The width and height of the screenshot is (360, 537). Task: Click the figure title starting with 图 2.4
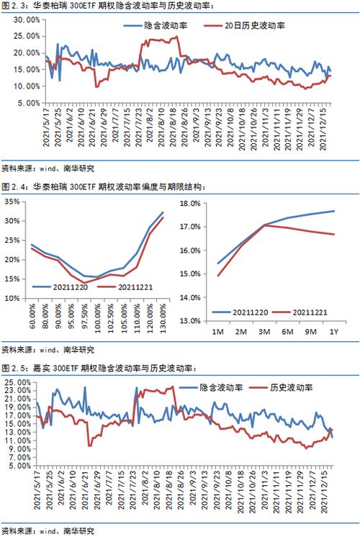pyautogui.click(x=104, y=187)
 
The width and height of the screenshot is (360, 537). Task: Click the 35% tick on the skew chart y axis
pyautogui.click(x=12, y=202)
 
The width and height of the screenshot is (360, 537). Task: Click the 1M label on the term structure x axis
pyautogui.click(x=218, y=332)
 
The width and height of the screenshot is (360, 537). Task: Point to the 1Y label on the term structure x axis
pyautogui.click(x=333, y=332)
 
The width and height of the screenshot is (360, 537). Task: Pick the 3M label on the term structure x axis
pyautogui.click(x=264, y=332)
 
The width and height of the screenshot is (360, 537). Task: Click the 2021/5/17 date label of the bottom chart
pyautogui.click(x=36, y=496)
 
